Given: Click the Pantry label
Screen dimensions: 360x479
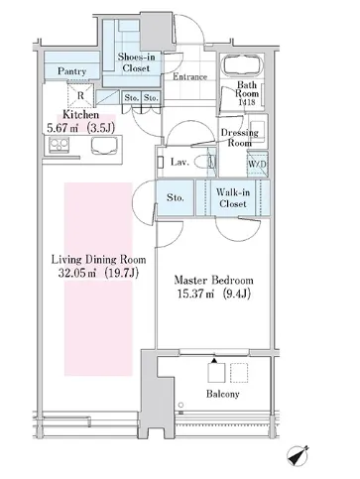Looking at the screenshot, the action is click(x=71, y=71).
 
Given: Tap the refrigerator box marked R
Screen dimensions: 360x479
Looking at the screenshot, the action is click(x=80, y=95).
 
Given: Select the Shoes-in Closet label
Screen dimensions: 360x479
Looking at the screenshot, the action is click(x=136, y=62).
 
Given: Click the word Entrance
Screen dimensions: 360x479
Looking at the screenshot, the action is click(x=189, y=77).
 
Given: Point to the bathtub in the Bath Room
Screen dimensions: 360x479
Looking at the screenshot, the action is click(x=243, y=65).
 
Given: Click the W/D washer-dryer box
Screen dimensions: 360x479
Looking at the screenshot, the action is click(x=258, y=164).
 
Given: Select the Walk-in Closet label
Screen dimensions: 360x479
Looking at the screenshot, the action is click(x=233, y=197).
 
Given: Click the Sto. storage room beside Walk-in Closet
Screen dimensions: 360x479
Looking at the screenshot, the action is click(x=176, y=197).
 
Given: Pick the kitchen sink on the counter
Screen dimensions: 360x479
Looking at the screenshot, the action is click(x=104, y=146).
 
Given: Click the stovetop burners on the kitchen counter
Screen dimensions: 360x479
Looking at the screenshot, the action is click(x=60, y=145).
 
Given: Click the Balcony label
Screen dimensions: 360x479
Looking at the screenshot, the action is click(x=222, y=394).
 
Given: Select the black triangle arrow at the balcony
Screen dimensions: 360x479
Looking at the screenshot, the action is click(x=214, y=360).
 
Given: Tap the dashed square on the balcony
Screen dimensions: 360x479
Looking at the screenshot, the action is click(x=239, y=373).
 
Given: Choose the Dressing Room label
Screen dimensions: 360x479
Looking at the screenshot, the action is click(x=240, y=138).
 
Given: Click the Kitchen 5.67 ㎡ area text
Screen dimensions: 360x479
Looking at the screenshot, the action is click(x=81, y=128).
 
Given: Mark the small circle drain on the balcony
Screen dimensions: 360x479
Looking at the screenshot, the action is click(x=180, y=405).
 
